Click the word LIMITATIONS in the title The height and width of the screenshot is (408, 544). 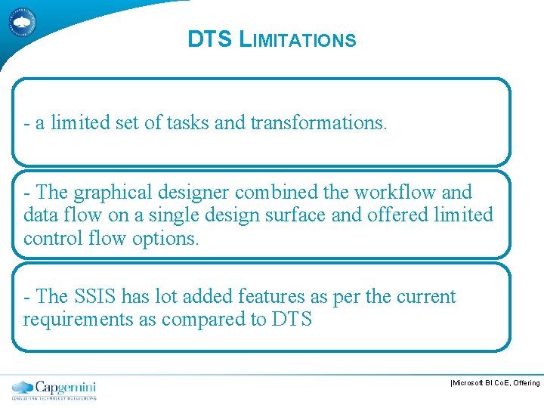click(297, 39)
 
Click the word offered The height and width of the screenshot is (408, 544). click(400, 215)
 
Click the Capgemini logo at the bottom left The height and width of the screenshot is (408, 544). click(54, 389)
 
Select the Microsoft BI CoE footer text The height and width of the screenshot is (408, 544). click(495, 383)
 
